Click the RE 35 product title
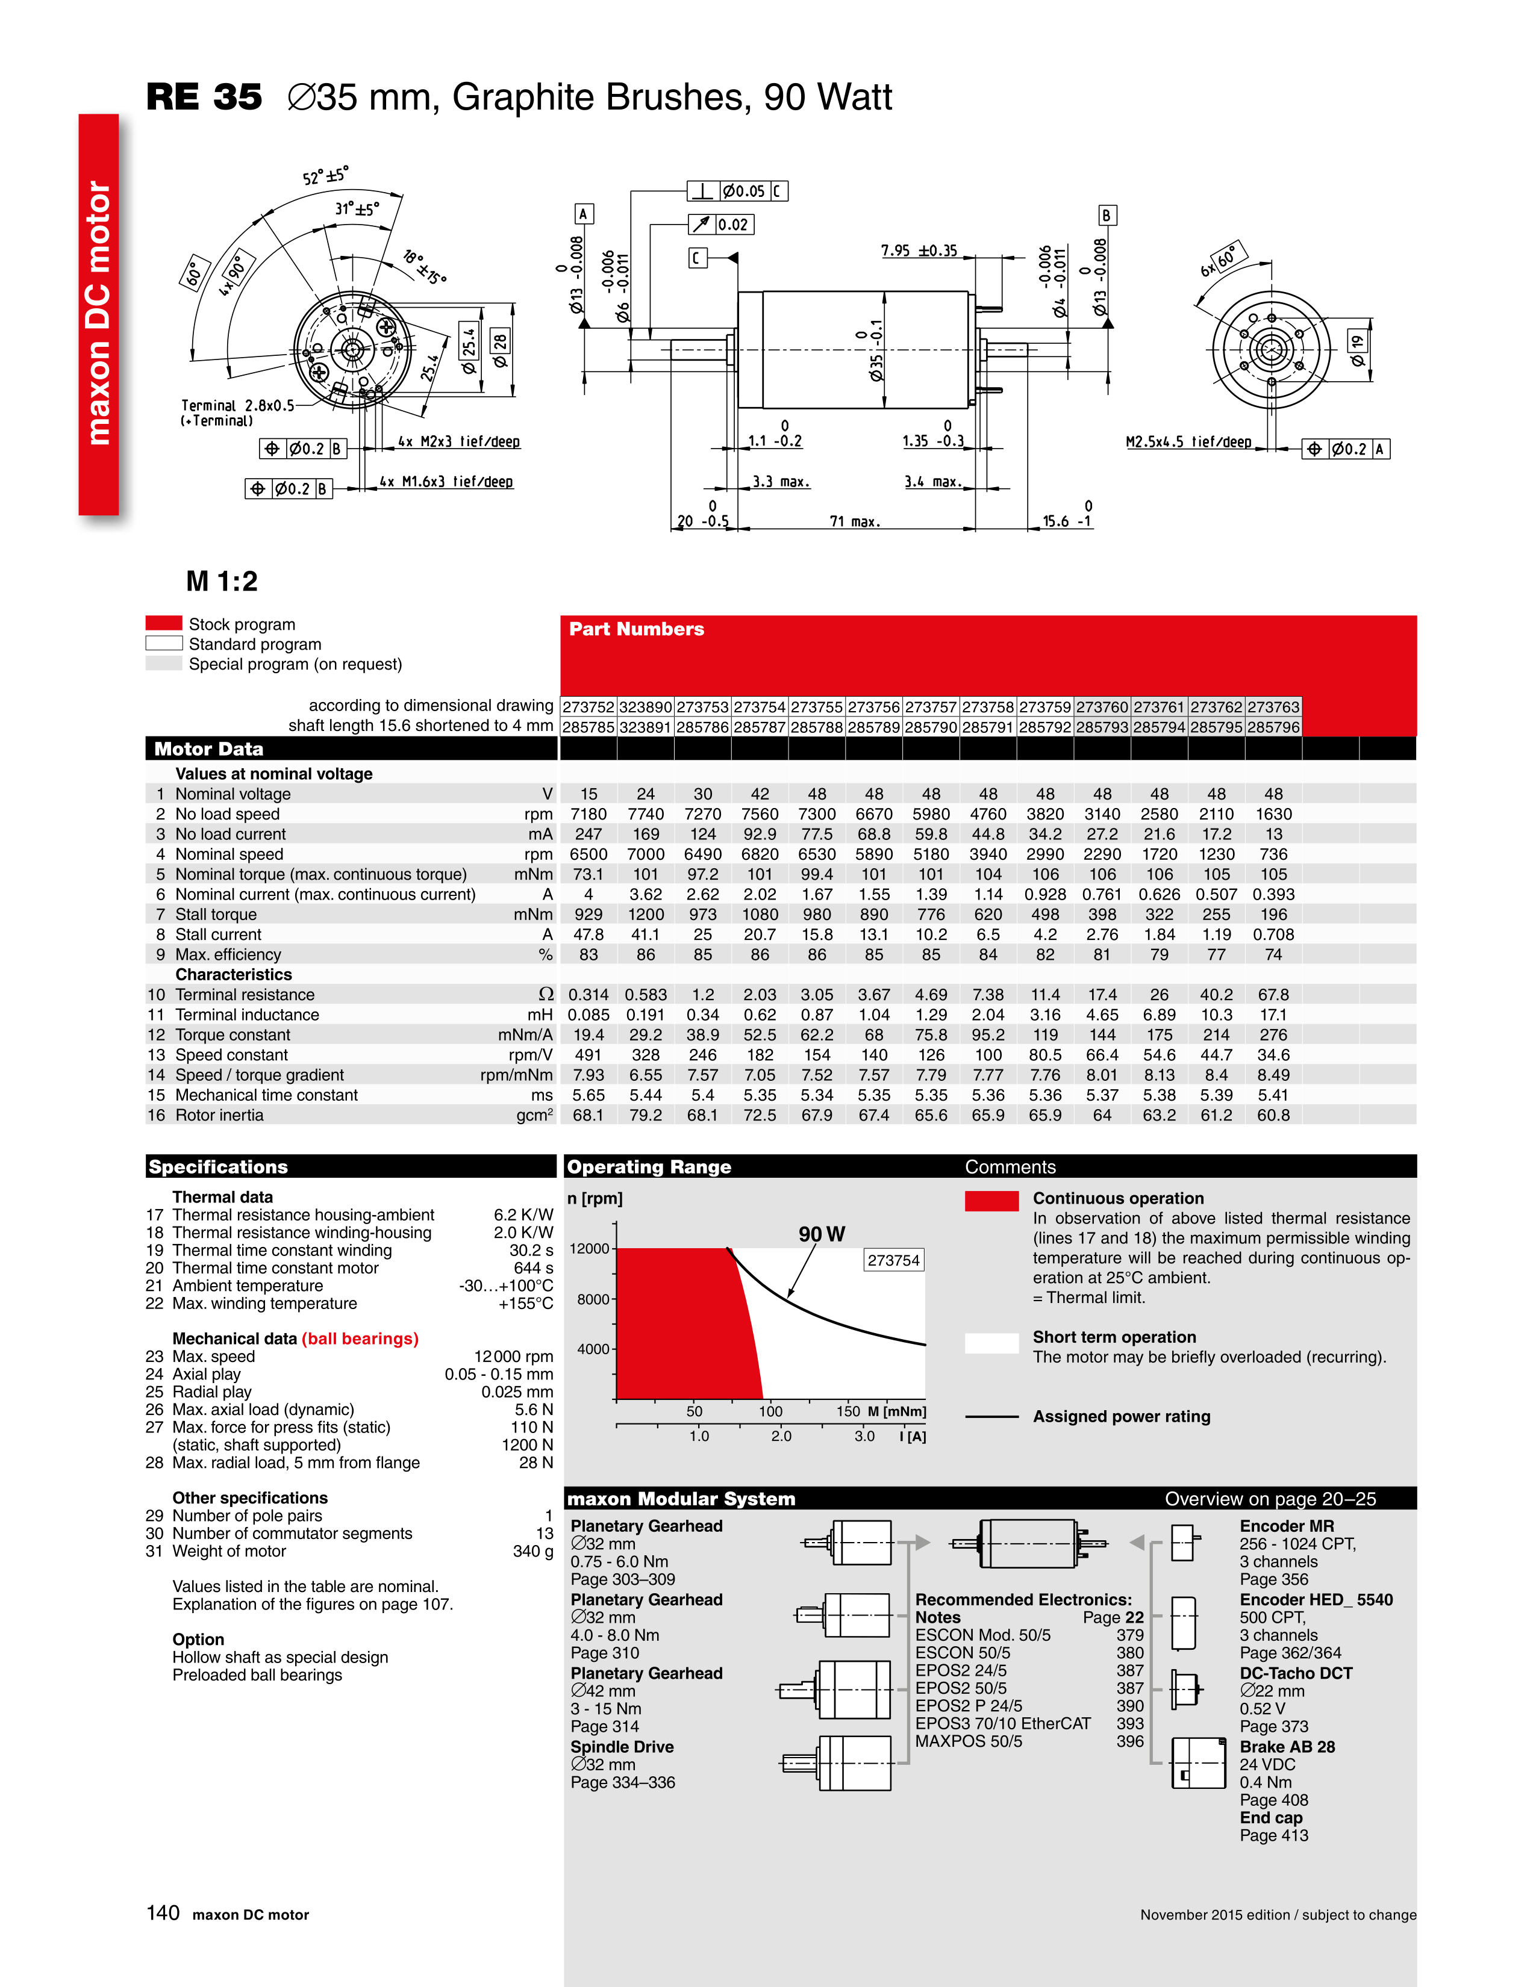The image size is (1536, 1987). [205, 98]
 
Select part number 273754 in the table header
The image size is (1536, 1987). [760, 707]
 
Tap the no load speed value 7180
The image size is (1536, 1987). [588, 814]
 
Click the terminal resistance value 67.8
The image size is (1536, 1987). [1273, 995]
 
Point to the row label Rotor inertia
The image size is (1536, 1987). [219, 1115]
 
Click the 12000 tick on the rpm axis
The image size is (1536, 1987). [590, 1248]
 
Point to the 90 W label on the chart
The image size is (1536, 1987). [822, 1234]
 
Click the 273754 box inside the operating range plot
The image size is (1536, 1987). [893, 1260]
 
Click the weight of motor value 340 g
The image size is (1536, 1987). [532, 1551]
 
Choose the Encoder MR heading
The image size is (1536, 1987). [1287, 1526]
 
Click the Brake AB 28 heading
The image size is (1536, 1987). [1287, 1747]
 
